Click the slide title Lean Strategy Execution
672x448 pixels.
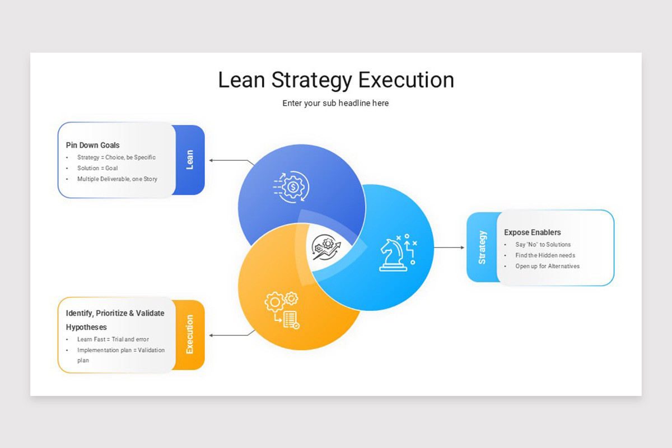[x=336, y=81]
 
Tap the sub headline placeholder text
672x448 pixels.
[x=335, y=103]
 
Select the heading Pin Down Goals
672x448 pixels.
[x=93, y=145]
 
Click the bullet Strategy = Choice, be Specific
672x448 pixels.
[x=116, y=157]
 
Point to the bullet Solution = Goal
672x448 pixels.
[x=97, y=168]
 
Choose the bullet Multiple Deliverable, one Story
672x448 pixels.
[x=117, y=179]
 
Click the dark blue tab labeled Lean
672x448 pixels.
[x=189, y=160]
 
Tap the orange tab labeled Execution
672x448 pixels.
[x=189, y=334]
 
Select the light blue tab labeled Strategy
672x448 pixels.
[x=482, y=248]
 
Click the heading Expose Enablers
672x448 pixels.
[x=532, y=232]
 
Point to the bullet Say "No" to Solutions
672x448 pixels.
[x=543, y=245]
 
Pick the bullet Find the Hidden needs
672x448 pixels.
[x=545, y=255]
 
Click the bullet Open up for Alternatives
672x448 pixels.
[x=548, y=266]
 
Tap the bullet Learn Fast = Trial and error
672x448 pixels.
[x=113, y=339]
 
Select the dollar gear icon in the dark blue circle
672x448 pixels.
[x=291, y=187]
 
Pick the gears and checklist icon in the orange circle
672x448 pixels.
[x=282, y=310]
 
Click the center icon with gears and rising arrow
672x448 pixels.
[x=326, y=248]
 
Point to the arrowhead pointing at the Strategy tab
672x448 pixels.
[x=463, y=248]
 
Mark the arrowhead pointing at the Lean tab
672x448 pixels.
[x=211, y=161]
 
